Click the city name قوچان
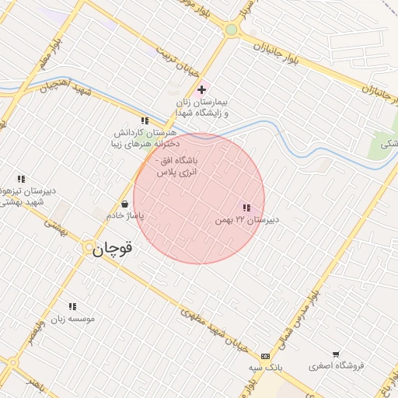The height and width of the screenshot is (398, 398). pyautogui.click(x=113, y=250)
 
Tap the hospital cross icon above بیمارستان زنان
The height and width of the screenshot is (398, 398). pyautogui.click(x=202, y=89)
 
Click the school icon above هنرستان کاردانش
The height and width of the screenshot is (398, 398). pyautogui.click(x=145, y=120)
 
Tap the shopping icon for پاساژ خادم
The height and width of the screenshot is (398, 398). pyautogui.click(x=124, y=204)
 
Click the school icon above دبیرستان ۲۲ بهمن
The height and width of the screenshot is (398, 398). pyautogui.click(x=246, y=208)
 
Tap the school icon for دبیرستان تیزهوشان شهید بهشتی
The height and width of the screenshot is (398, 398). pyautogui.click(x=21, y=180)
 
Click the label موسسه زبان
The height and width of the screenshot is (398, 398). pyautogui.click(x=73, y=319)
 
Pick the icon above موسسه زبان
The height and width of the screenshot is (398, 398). pyautogui.click(x=73, y=306)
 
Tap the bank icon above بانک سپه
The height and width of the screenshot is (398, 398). pyautogui.click(x=266, y=354)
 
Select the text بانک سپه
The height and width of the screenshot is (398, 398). pyautogui.click(x=265, y=366)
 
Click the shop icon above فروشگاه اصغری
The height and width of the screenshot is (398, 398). pyautogui.click(x=336, y=354)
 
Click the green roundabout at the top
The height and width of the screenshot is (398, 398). pyautogui.click(x=231, y=30)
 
